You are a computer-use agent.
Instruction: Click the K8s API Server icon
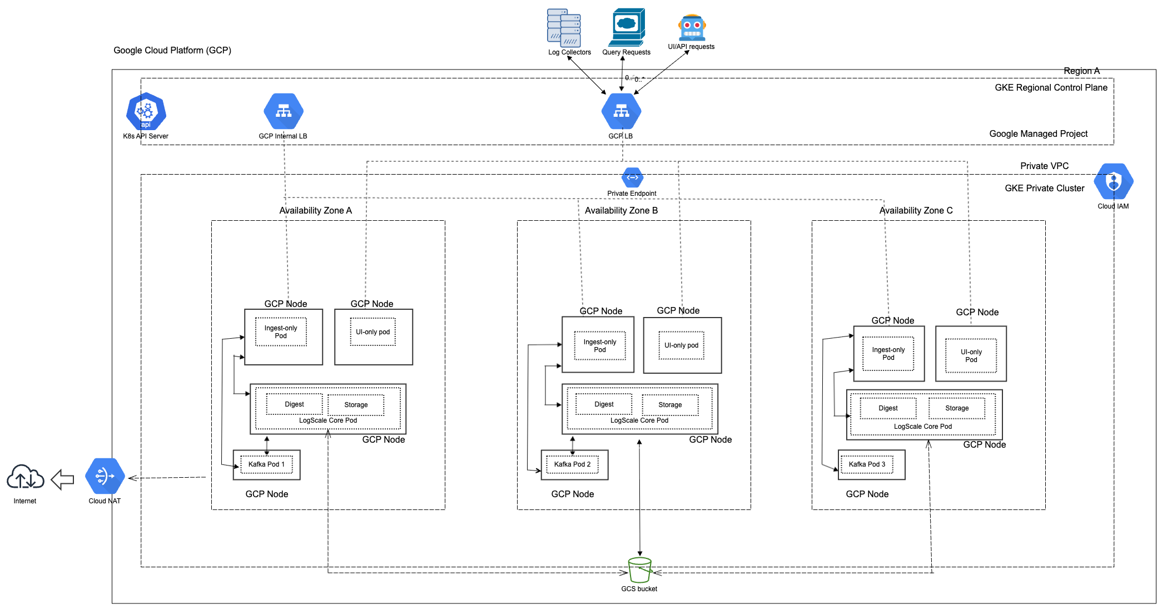[x=146, y=111]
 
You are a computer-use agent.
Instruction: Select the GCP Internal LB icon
[x=284, y=111]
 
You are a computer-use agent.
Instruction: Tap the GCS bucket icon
[x=639, y=570]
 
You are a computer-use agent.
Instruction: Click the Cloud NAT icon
[x=105, y=476]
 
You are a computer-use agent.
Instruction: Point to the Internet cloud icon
[x=25, y=477]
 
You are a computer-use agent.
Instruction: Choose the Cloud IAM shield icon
[x=1113, y=181]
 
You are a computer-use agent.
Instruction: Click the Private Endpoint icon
[x=632, y=178]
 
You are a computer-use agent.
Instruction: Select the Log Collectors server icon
[x=564, y=28]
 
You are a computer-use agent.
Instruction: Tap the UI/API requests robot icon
[x=692, y=27]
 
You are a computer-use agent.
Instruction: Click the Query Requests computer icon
[x=627, y=27]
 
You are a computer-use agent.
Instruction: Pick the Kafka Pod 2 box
[x=572, y=464]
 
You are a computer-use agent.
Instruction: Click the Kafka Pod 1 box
[x=266, y=464]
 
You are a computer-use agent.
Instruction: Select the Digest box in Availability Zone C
[x=888, y=408]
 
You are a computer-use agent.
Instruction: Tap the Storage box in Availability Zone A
[x=356, y=405]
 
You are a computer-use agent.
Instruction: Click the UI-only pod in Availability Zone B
[x=681, y=345]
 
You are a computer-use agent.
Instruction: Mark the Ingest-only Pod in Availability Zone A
[x=281, y=332]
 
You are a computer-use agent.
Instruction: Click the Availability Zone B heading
[x=621, y=211]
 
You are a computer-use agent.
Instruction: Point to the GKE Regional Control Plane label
[x=1051, y=87]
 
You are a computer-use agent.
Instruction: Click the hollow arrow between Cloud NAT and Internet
[x=62, y=479]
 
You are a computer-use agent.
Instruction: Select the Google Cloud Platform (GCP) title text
[x=172, y=51]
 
